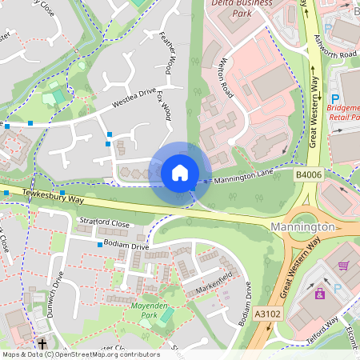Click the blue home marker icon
180,172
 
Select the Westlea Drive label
132,104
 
